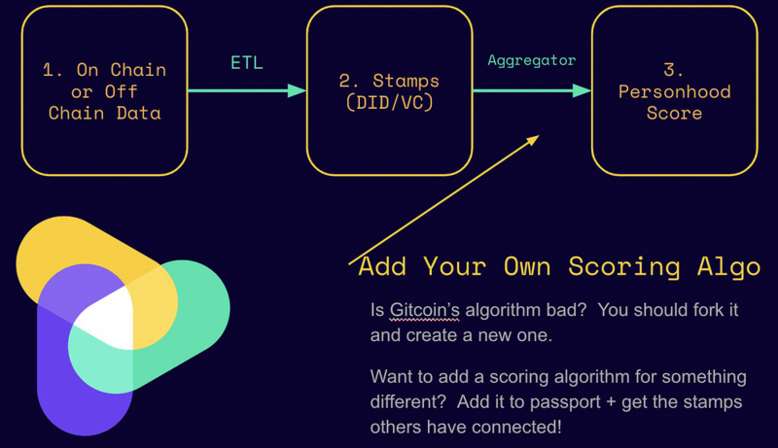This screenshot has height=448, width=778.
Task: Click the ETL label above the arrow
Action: tap(247, 64)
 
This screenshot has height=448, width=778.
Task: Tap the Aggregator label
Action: tap(532, 60)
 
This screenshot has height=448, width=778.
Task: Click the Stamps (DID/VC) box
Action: tap(388, 90)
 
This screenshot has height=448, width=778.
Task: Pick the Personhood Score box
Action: tap(674, 90)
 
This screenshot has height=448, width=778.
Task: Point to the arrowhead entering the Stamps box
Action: tap(298, 90)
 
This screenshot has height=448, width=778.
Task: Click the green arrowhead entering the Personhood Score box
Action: tap(583, 90)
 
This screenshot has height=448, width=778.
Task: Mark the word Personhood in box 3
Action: tap(674, 90)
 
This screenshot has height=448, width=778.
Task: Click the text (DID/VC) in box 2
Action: tap(388, 102)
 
